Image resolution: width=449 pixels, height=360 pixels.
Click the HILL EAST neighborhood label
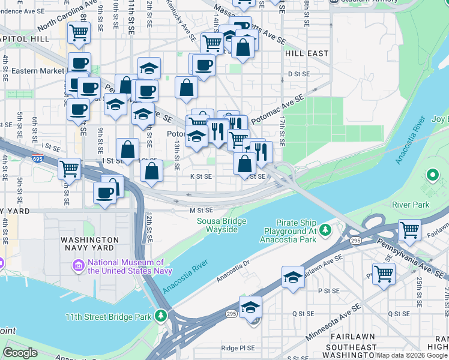tap(307, 53)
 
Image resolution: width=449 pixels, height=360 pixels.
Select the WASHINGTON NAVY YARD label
tap(95, 245)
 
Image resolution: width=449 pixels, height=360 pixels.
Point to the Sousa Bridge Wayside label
tap(221, 226)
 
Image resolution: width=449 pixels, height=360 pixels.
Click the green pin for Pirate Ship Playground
tap(325, 230)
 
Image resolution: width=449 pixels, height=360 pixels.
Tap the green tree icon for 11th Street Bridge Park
tap(160, 315)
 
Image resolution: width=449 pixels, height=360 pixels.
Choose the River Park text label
tap(411, 205)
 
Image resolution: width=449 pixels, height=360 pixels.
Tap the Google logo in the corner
tap(20, 353)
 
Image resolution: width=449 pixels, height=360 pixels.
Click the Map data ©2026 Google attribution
tap(412, 355)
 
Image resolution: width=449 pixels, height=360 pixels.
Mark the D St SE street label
tap(298, 74)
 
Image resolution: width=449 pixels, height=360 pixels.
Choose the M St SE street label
tap(202, 210)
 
